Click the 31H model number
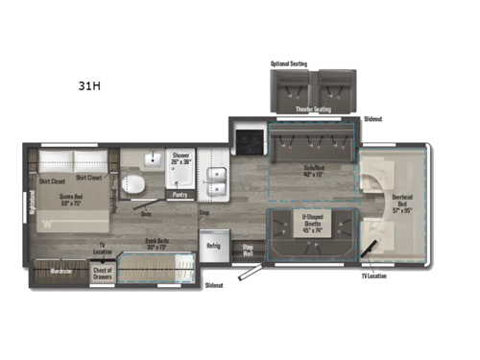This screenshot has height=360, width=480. tap(89, 85)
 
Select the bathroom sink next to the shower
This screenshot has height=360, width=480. tap(152, 159)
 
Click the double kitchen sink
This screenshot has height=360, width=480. tap(217, 178)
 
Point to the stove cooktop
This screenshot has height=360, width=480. tap(248, 140)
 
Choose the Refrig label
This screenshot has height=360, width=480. tap(212, 246)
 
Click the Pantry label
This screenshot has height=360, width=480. tap(180, 194)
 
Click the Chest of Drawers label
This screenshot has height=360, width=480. tap(102, 272)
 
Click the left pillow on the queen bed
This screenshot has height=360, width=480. tap(57, 159)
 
